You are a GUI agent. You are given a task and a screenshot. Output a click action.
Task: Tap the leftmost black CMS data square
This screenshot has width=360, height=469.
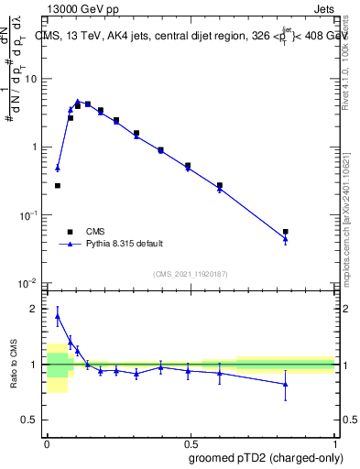58,186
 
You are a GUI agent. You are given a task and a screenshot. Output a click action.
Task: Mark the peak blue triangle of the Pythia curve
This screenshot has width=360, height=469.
78,102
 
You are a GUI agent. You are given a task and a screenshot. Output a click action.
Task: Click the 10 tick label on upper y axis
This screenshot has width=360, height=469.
31,79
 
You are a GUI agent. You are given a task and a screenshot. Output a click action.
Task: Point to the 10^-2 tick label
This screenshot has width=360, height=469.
27,283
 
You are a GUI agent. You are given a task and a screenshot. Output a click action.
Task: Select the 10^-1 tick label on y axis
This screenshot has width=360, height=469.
27,215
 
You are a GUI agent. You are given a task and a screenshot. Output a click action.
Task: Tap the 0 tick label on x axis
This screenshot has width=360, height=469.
46,441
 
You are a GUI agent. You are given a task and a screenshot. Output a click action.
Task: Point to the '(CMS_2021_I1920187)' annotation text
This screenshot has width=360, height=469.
191,273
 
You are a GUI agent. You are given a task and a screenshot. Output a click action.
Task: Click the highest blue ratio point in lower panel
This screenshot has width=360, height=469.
58,316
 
